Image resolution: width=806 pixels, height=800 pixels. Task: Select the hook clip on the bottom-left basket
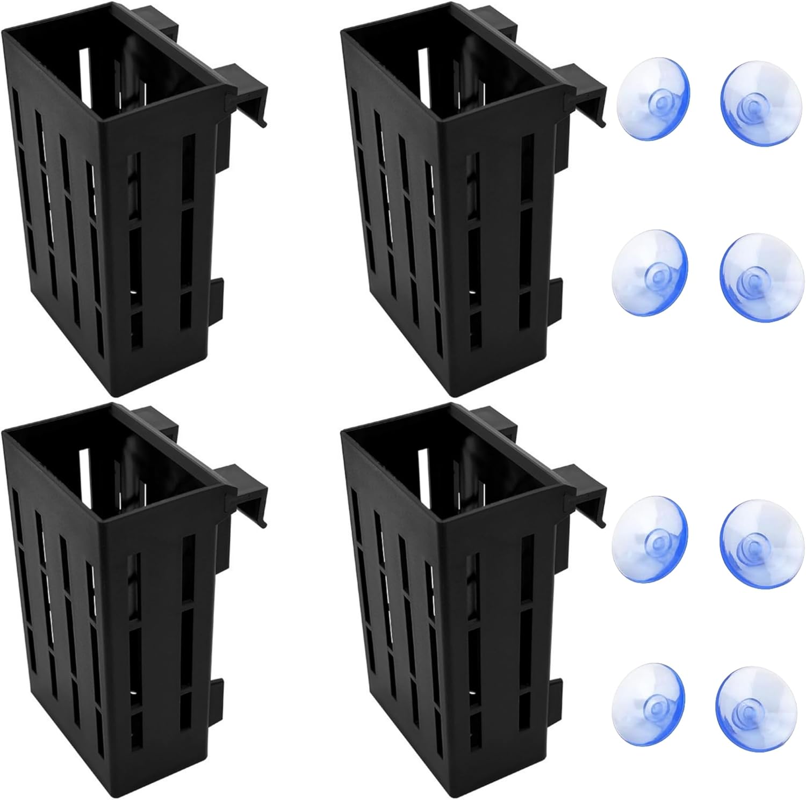[244, 491]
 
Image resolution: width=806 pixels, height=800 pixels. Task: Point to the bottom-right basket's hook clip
[583, 491]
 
